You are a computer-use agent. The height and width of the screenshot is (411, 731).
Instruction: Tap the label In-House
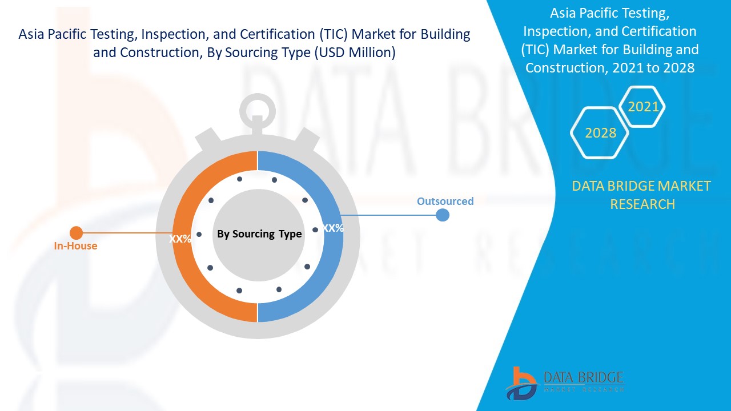[x=75, y=246]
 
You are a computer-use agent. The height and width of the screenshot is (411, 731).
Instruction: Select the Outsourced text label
[x=445, y=201]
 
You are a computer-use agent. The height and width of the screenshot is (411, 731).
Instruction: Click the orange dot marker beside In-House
[x=76, y=233]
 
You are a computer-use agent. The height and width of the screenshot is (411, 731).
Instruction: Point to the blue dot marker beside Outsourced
[x=442, y=215]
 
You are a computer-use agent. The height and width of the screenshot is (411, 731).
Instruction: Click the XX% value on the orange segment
[x=180, y=239]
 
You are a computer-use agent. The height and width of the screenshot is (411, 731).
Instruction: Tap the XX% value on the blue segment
[x=333, y=228]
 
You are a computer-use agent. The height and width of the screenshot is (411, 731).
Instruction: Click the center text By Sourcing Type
[x=259, y=234]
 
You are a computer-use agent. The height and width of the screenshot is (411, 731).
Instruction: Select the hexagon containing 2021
[x=643, y=106]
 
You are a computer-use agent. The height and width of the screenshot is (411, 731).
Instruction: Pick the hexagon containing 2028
[x=600, y=132]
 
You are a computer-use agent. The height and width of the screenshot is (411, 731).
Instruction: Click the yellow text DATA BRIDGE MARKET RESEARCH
[x=641, y=195]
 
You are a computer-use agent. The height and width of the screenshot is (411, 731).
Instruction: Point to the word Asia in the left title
[x=32, y=34]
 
